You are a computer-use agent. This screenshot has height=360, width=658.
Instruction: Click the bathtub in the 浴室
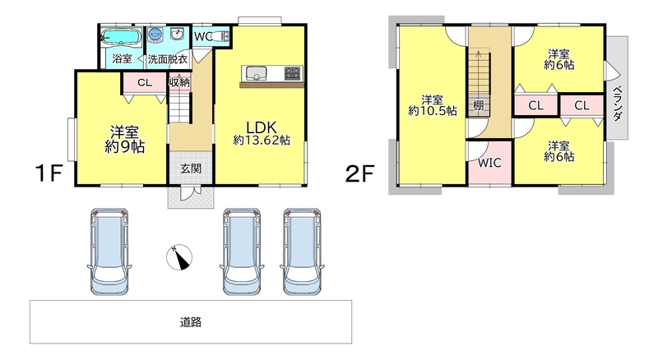pos(121,36)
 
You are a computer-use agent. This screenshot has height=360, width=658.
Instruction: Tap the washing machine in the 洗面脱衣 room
pos(155,34)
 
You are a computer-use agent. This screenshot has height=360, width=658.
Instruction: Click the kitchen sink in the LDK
pos(256,74)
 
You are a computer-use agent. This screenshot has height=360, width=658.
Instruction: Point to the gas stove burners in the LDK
pos(293,73)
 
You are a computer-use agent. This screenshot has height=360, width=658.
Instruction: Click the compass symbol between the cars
pos(179,256)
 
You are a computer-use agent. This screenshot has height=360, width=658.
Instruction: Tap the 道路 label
pos(191,322)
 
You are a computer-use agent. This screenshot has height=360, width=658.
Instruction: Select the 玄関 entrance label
pos(191,168)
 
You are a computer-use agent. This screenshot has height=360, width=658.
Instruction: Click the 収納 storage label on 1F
pos(179,82)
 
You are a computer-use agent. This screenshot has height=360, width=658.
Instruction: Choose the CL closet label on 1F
pos(145,83)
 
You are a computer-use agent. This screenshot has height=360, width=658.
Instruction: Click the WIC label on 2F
pos(489,163)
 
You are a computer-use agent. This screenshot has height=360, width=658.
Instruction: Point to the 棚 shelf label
pos(478,105)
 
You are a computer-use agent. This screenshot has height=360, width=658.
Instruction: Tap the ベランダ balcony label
pos(618,104)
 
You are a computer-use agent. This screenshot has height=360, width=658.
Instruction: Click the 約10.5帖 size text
pos(433,111)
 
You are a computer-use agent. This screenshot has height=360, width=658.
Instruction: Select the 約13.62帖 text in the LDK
pos(262,140)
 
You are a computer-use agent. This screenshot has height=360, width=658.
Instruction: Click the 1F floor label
pos(49,173)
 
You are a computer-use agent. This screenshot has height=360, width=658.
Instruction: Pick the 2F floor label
pos(359,173)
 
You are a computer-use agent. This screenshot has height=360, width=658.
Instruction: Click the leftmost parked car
pos(109,251)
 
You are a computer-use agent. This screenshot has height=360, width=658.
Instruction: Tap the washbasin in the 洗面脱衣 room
pos(178,34)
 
